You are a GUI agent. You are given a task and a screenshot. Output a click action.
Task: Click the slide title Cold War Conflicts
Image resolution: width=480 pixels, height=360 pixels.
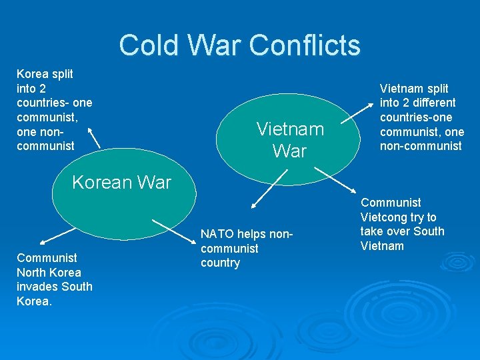click(239, 45)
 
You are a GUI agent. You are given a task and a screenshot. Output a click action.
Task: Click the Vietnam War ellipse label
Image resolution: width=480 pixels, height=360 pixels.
click(289, 139)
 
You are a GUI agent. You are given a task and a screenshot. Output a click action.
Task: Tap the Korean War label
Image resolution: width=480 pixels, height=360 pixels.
click(121, 182)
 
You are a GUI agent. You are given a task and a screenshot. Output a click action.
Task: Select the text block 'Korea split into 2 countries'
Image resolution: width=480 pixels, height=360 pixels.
click(54, 109)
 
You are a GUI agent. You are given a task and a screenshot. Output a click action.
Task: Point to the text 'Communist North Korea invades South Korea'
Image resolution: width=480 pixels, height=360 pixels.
click(54, 279)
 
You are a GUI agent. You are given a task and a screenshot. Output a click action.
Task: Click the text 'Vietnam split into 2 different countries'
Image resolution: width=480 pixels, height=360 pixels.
click(421, 117)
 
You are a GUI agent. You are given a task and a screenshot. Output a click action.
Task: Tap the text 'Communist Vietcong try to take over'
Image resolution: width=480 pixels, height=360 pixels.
click(402, 224)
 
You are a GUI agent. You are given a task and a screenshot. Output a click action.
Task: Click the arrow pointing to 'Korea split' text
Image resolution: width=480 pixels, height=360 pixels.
click(94, 138)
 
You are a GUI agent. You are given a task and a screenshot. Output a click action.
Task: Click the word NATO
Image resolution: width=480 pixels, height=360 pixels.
click(217, 233)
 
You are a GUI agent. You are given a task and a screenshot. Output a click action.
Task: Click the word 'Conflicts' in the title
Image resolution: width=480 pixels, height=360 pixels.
click(304, 45)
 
